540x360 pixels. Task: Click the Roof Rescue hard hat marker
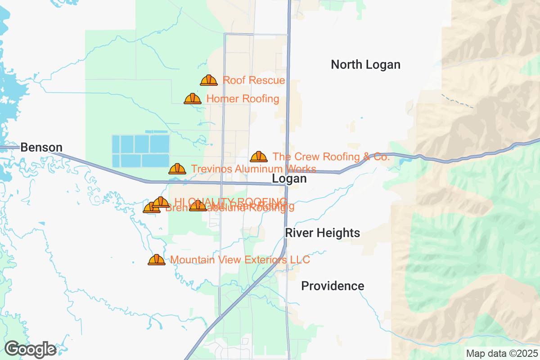(x=209, y=80)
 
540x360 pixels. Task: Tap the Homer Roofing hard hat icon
(x=193, y=99)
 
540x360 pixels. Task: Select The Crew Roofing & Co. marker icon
(x=259, y=157)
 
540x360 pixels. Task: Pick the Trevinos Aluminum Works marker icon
(x=177, y=169)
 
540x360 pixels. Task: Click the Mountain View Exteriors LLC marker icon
(x=157, y=260)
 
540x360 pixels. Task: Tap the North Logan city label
(x=365, y=65)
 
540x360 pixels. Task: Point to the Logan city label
(x=289, y=179)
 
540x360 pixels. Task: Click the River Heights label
(x=322, y=233)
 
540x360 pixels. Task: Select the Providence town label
(x=333, y=286)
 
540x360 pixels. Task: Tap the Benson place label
(x=41, y=147)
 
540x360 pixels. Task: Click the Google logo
(x=31, y=349)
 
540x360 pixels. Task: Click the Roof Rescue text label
(x=254, y=81)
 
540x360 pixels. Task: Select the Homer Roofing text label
(x=243, y=99)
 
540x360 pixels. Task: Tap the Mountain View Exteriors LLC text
(x=240, y=260)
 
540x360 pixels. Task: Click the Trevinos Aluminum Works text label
(x=253, y=169)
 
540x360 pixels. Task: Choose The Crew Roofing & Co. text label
(x=331, y=157)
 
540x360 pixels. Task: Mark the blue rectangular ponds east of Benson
(x=140, y=151)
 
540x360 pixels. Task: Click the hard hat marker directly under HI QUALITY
(x=198, y=206)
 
